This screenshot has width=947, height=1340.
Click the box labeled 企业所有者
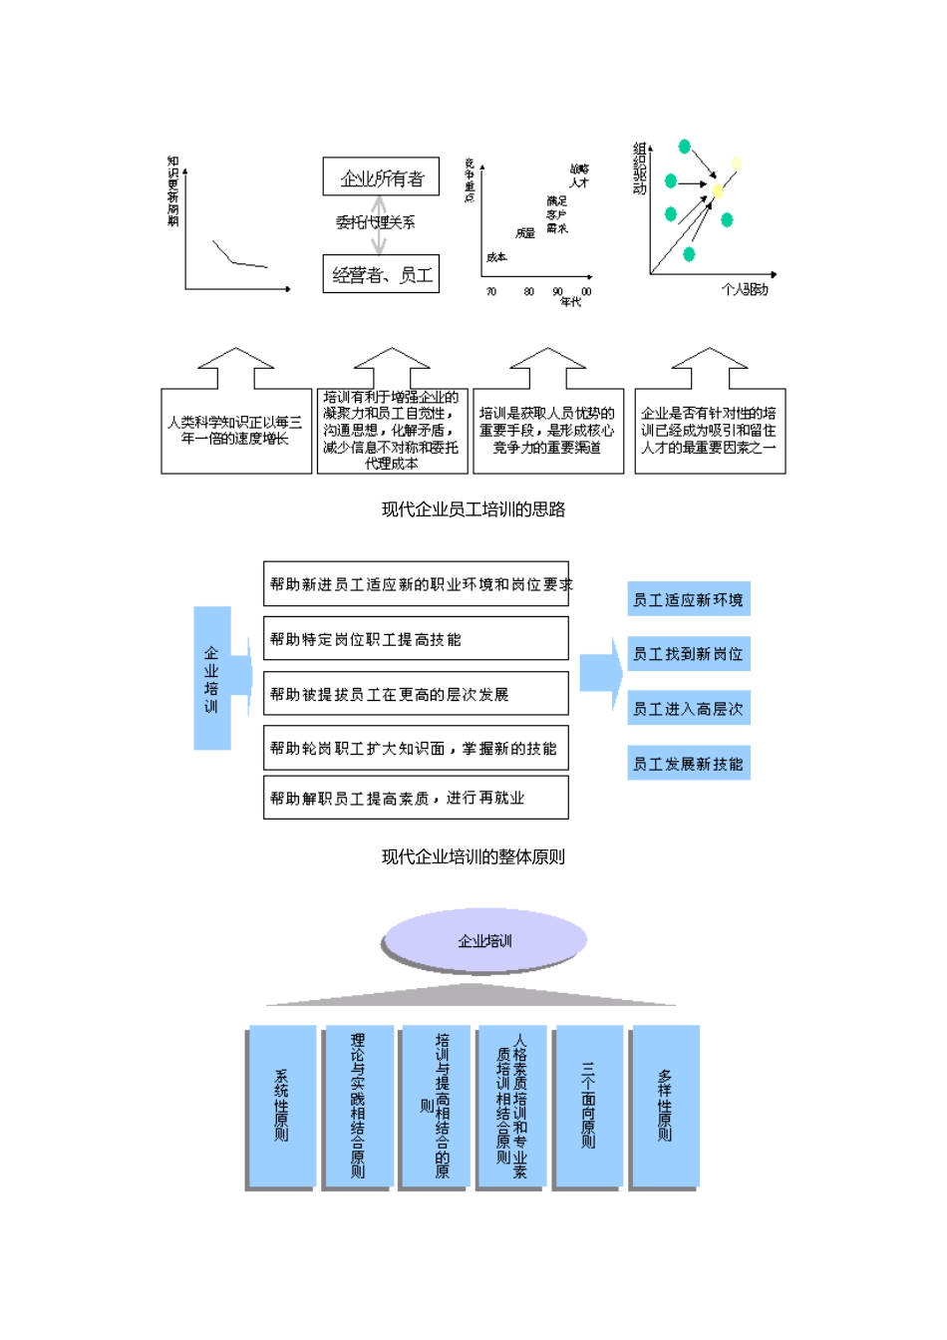coord(382,177)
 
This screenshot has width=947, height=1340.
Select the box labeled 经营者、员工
coord(381,274)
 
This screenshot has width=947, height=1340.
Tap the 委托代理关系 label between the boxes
coord(375,222)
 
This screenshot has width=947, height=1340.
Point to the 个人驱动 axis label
coord(745,289)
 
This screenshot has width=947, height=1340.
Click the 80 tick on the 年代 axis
coord(528,292)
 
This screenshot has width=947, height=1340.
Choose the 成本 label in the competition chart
coord(496,257)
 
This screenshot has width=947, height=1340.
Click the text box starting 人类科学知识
coord(235,431)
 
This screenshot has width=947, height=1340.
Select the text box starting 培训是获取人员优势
coord(547,431)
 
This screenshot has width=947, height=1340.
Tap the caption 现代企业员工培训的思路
coord(473,509)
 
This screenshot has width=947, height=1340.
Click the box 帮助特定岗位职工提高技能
coord(416,639)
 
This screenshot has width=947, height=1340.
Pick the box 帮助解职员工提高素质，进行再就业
coord(416,798)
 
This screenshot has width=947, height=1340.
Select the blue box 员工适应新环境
coord(688,599)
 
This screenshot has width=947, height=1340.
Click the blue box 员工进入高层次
coord(688,709)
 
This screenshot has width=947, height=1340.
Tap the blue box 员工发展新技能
coord(688,764)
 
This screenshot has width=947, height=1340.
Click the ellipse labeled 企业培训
coord(484,940)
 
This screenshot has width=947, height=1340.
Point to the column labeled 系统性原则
coord(282,1106)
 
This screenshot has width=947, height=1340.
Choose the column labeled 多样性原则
coord(665,1106)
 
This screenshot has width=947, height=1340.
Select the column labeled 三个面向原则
coord(588,1106)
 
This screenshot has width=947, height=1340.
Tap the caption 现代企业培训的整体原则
coord(473,856)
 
